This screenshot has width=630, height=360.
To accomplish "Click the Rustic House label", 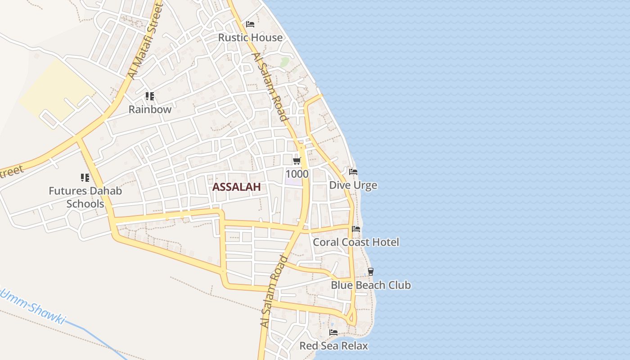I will pos(250,37).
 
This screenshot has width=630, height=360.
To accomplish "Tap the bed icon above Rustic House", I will pos(250,24).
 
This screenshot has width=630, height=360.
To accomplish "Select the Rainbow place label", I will pos(150,109).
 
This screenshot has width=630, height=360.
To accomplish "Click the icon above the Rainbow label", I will pos(150,96).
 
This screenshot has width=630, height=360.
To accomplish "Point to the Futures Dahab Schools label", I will pos(85,197).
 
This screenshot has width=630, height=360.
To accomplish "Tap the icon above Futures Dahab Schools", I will pos(85,178).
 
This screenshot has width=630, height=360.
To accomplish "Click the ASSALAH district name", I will pos(236,187).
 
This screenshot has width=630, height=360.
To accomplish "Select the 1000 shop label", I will pos(297,174).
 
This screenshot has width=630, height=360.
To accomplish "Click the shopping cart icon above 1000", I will pos(297,161).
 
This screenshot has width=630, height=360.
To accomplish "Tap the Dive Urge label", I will pos(353,185).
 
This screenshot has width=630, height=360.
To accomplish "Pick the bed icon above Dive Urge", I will pos(353,172).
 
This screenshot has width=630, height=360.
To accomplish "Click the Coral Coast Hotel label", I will pos(356,242).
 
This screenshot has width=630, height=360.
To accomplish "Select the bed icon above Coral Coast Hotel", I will pos(356,229).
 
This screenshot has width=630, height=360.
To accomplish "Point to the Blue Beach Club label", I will pos(371,285).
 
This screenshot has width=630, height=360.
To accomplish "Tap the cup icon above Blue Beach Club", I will pos(371,271).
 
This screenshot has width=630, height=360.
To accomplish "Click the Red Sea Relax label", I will pos(333,346).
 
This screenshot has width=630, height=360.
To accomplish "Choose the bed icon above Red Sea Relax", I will pos(333,333).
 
